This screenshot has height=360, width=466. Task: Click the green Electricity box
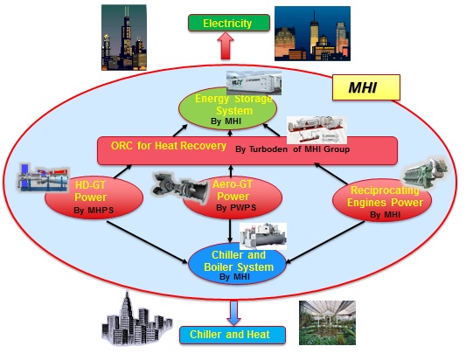pos(229,23)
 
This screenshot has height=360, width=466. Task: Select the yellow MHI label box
pos(365,87)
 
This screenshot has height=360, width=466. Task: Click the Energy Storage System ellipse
pos(227,108)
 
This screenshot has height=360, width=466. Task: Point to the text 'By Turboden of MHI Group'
pos(292,149)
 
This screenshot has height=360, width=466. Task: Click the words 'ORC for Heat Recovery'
pos(169,146)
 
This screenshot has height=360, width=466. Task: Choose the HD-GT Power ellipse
pos(94,197)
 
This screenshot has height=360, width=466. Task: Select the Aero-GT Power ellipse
pos(233,197)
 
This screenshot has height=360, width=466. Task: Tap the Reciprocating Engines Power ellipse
pos(382,200)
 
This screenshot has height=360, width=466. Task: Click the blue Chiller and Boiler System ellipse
pos(237,264)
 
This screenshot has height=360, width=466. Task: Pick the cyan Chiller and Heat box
pos(233,335)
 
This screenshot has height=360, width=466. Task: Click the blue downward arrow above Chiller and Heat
pos(234,313)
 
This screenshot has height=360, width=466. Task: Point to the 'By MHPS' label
pos(94,211)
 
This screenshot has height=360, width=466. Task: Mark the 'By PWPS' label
pos(236,208)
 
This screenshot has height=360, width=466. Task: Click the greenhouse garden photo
pos(327,322)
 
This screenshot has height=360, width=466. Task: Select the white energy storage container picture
pos(254,83)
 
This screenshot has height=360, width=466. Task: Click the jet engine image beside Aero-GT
pos(180,188)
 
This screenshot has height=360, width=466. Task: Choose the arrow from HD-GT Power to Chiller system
pos(148,242)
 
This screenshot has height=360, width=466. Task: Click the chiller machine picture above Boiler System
pos(263,236)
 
